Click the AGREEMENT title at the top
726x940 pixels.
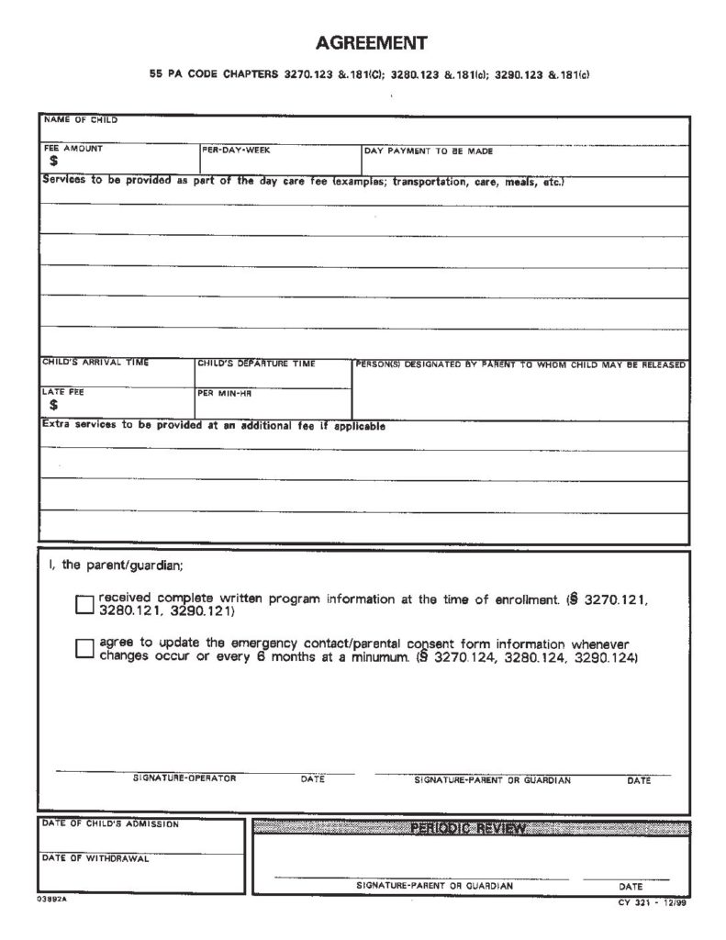click(371, 42)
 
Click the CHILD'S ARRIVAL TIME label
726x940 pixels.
click(95, 363)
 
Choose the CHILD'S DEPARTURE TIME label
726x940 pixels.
click(257, 364)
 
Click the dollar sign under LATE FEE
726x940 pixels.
click(54, 404)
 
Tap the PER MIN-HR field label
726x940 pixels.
click(225, 392)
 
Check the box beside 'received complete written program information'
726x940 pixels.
click(84, 604)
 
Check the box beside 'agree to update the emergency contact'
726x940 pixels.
click(84, 649)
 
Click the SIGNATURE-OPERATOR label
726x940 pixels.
click(184, 778)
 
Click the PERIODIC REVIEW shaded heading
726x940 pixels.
click(470, 828)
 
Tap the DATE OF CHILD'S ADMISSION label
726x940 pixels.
click(110, 823)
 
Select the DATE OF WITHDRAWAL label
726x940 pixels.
click(95, 859)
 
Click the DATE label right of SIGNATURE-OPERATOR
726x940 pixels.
click(313, 779)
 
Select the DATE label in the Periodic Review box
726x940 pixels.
click(631, 887)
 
